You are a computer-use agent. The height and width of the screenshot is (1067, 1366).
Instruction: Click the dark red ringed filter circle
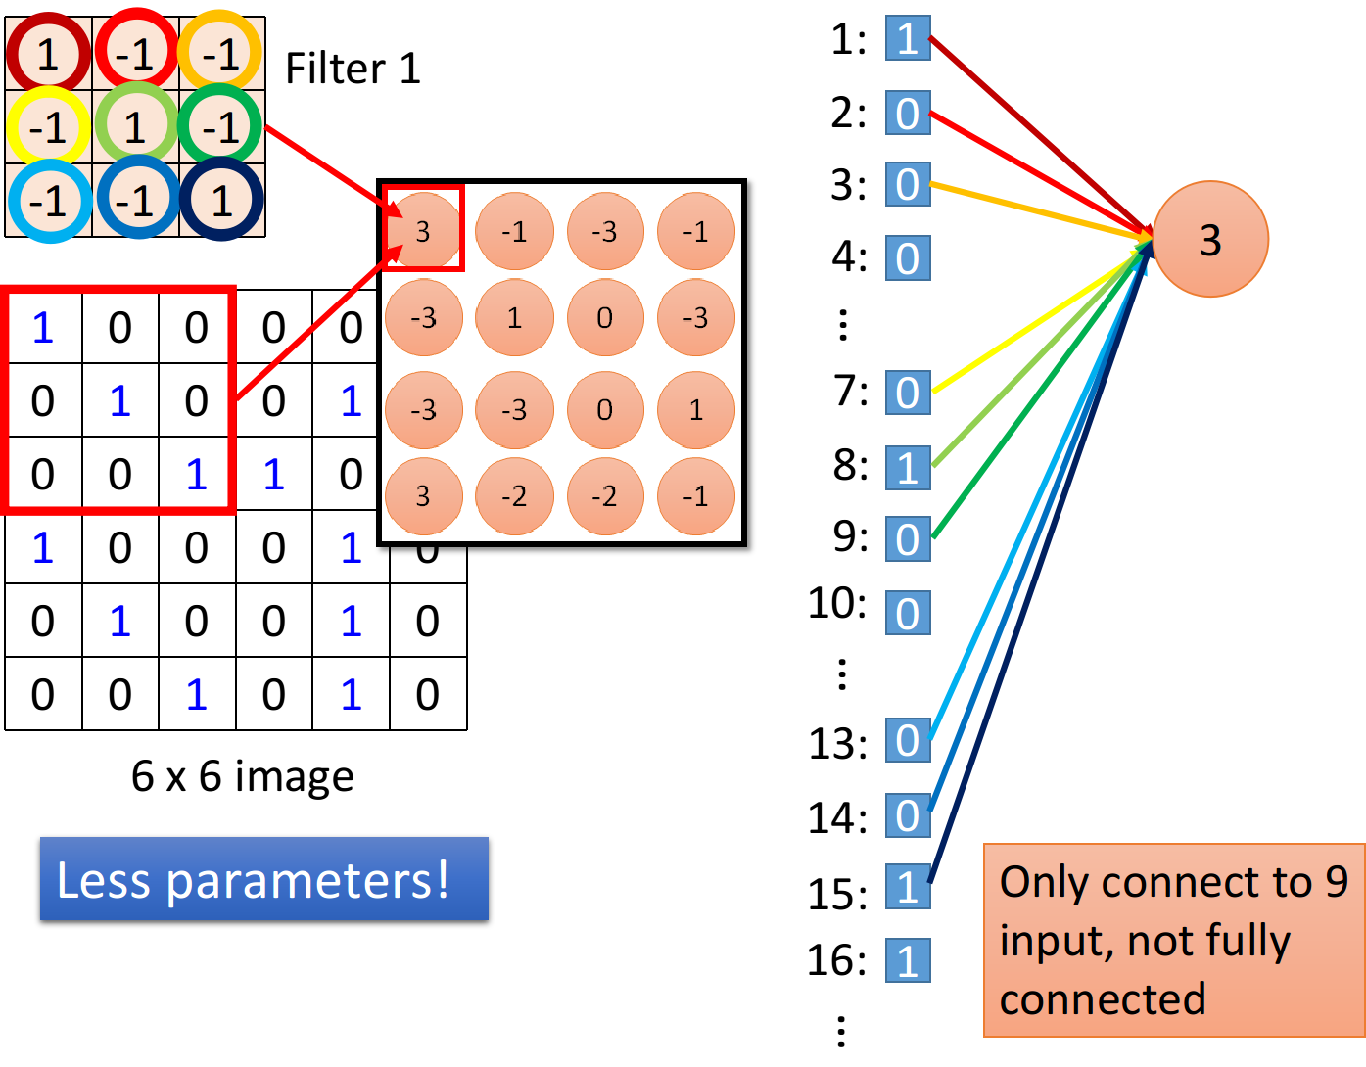click(48, 54)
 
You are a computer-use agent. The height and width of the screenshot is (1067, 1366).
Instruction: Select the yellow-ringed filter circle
click(48, 127)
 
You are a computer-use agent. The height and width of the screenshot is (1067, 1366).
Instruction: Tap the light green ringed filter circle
click(135, 127)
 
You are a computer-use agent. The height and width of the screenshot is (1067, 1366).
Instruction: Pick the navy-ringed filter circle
click(221, 201)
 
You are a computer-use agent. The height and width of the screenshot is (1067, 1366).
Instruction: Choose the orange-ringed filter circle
click(221, 54)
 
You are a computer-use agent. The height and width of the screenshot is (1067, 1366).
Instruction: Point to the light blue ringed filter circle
click(49, 201)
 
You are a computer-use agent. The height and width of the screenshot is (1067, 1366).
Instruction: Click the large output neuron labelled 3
click(1210, 240)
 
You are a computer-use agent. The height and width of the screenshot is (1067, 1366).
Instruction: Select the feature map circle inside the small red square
click(423, 232)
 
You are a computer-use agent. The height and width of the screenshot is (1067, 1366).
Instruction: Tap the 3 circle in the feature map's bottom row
click(423, 496)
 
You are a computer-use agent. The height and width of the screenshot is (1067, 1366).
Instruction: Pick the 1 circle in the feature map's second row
click(514, 318)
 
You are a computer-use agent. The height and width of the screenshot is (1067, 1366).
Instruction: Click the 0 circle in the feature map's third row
click(605, 409)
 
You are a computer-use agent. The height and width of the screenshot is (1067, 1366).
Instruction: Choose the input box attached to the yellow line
click(908, 393)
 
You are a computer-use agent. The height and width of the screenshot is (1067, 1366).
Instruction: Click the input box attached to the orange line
click(908, 184)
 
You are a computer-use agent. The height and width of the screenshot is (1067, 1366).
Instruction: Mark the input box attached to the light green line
click(908, 467)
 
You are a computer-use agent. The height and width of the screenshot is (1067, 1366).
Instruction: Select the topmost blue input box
click(908, 38)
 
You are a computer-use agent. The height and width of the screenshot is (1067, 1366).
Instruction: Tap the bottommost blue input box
click(908, 960)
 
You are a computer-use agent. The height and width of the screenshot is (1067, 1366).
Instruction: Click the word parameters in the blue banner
click(307, 881)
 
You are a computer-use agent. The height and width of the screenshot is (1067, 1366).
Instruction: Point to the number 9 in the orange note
click(1337, 882)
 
